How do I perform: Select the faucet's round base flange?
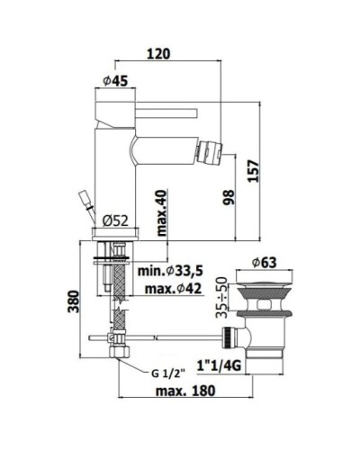pyautogui.click(x=116, y=234)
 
